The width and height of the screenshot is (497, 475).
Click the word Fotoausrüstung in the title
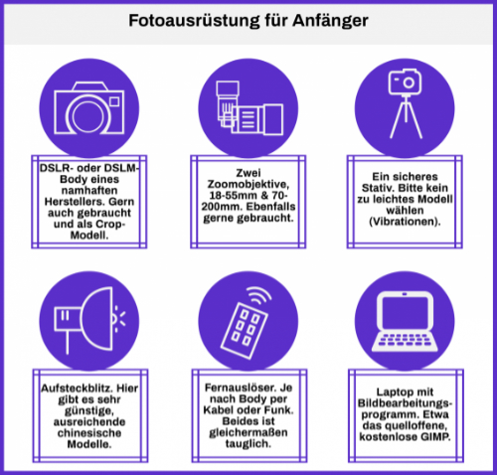(x=194, y=22)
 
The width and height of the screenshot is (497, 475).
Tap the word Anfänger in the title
(x=330, y=21)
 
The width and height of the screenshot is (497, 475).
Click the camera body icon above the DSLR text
(x=89, y=108)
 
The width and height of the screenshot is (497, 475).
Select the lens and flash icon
(x=249, y=108)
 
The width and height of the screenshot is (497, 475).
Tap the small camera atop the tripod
(x=405, y=81)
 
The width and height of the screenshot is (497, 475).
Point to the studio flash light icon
(x=89, y=320)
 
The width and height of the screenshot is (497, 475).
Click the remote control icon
(x=245, y=330)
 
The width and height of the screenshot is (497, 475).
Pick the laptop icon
(x=405, y=322)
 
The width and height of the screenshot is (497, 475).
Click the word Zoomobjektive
(x=248, y=184)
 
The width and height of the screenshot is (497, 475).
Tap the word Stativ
(x=377, y=188)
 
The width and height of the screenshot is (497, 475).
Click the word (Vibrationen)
(x=405, y=222)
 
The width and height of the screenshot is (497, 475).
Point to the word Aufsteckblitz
(x=77, y=389)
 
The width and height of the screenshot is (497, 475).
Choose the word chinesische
(x=89, y=433)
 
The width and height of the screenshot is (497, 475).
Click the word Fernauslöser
(x=240, y=388)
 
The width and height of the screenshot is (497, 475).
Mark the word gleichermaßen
(x=248, y=432)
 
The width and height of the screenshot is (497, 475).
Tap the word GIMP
(x=435, y=437)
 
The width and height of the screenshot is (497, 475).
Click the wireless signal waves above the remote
(x=259, y=295)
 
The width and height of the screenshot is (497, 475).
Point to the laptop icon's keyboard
(x=405, y=342)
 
